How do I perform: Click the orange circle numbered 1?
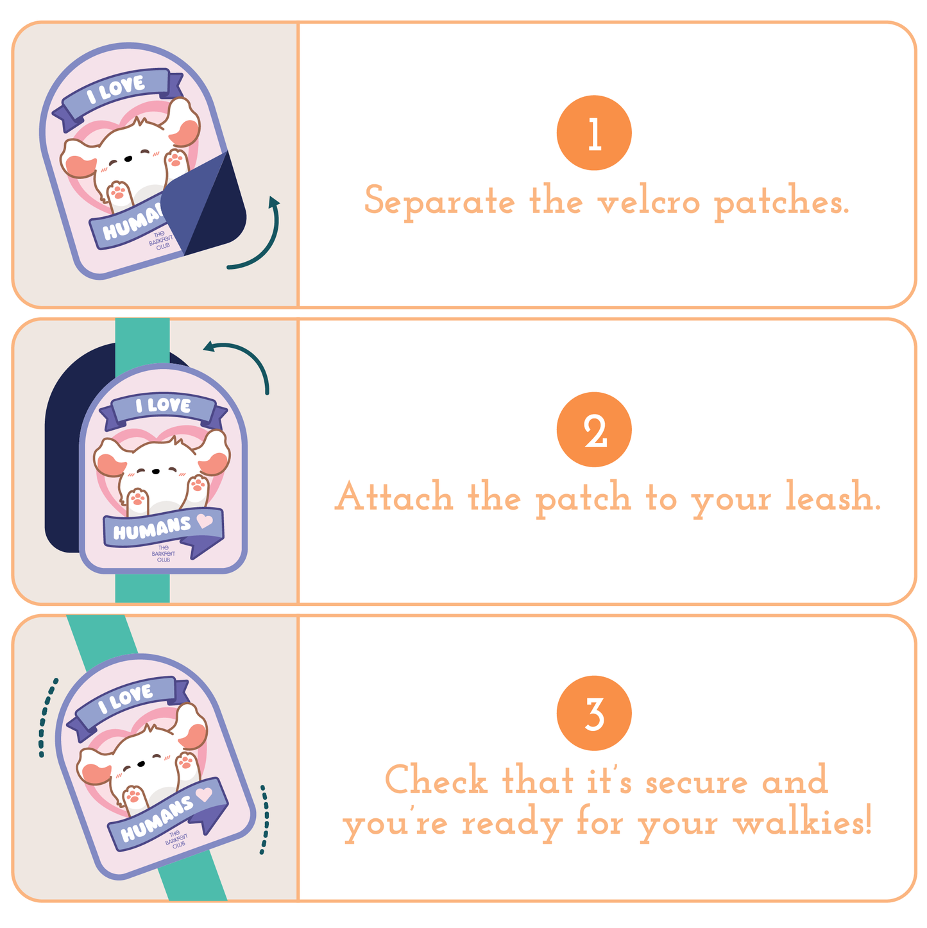594,133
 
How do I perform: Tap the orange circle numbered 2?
594,429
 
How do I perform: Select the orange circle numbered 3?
594,713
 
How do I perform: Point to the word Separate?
439,202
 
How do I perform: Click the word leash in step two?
833,496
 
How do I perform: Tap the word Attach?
394,496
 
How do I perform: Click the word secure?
696,780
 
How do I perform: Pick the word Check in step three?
436,778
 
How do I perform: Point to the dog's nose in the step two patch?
155,472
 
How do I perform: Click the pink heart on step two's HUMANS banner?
205,520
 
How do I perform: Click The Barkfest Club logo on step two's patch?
164,554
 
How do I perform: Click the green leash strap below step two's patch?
142,588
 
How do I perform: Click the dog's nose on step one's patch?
128,159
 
